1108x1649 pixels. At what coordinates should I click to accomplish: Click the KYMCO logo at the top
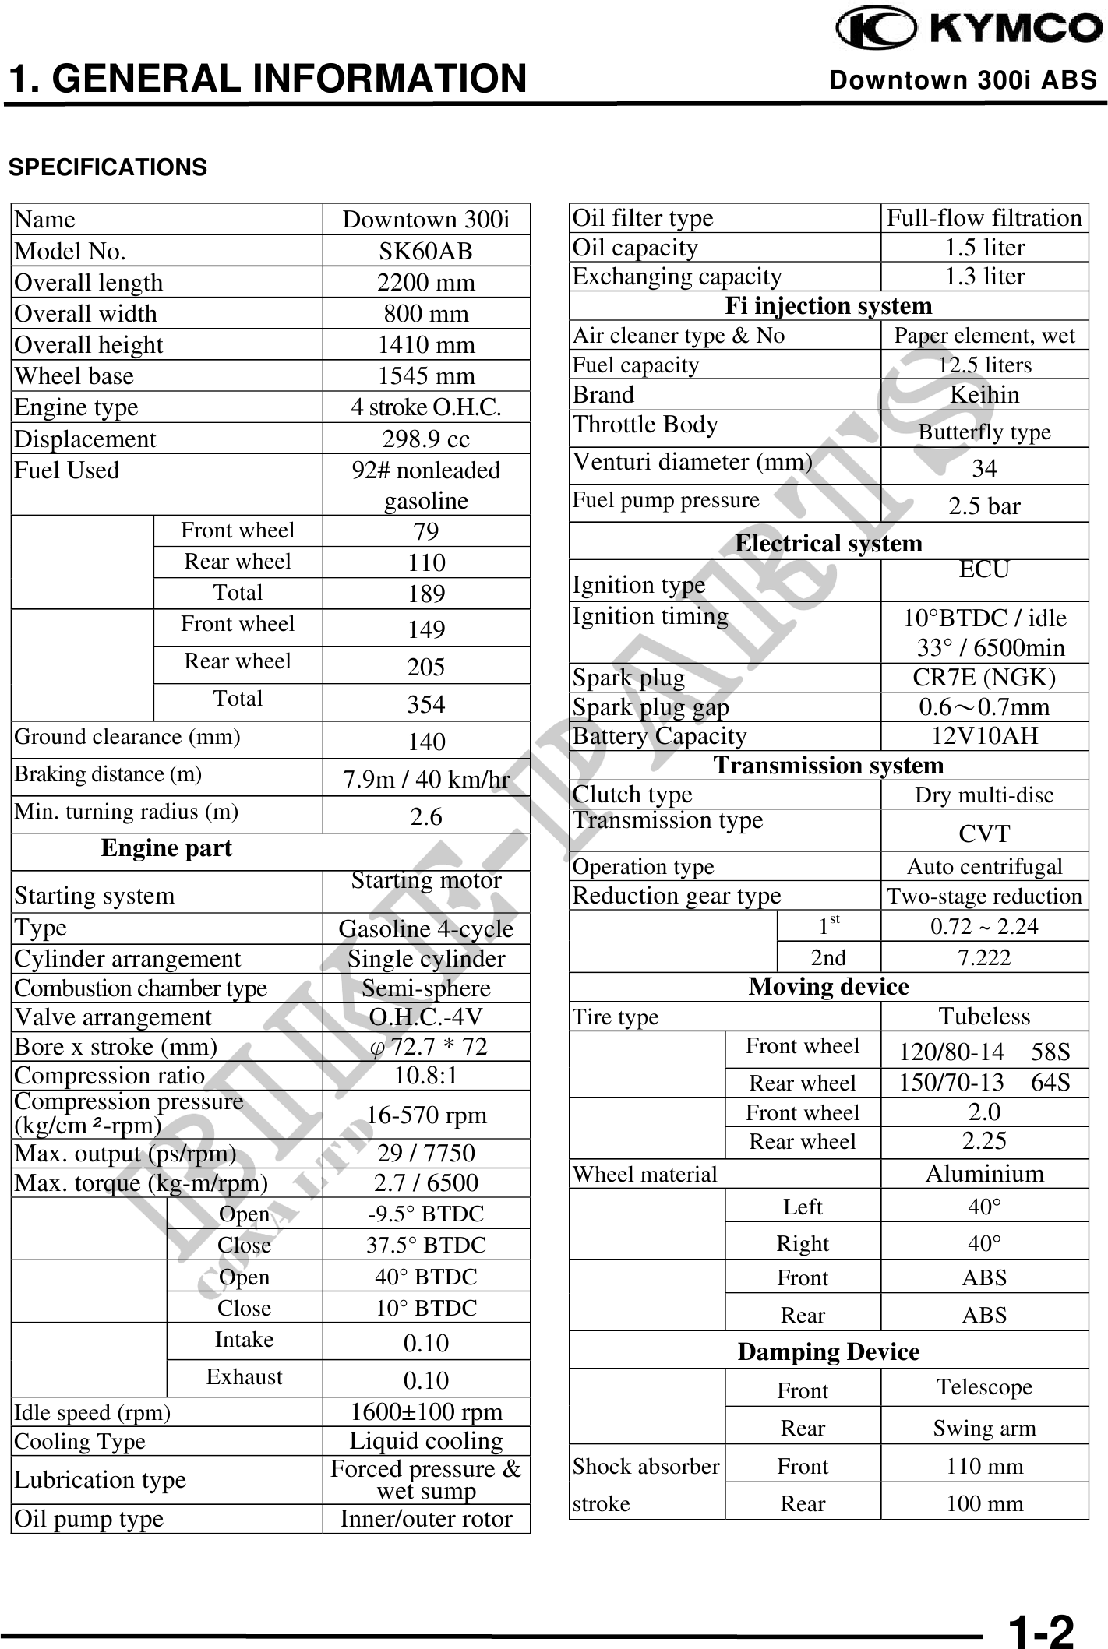pos(969,29)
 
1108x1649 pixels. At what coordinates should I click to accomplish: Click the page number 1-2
pos(1041,1629)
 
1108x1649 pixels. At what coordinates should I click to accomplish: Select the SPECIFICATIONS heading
pos(108,167)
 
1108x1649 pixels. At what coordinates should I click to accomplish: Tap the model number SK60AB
pos(425,251)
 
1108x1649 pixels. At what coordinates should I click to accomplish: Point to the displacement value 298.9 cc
pos(425,439)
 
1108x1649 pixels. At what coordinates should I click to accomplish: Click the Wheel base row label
pos(74,375)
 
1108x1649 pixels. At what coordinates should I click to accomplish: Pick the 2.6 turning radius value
pos(425,816)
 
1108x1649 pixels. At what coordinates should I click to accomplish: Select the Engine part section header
pos(166,848)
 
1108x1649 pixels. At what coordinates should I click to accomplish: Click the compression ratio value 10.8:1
pos(425,1076)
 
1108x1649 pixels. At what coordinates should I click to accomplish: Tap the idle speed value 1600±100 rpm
pos(425,1412)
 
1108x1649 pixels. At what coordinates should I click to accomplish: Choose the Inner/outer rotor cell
pos(425,1518)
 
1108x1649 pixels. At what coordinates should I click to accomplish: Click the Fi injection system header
pos(828,305)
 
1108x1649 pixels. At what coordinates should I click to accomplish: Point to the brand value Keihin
pos(984,394)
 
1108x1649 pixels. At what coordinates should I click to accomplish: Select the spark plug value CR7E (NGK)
pos(984,677)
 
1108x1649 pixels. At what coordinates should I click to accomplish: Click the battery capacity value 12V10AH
pos(984,735)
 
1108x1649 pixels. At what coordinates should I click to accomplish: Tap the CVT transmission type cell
pos(984,833)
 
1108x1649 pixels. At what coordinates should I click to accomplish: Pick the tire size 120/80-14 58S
pos(984,1052)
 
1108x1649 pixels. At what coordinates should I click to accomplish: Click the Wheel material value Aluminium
pos(984,1173)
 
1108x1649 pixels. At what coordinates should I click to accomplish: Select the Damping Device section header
pos(828,1351)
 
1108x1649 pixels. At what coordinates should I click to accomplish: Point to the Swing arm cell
pos(984,1428)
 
